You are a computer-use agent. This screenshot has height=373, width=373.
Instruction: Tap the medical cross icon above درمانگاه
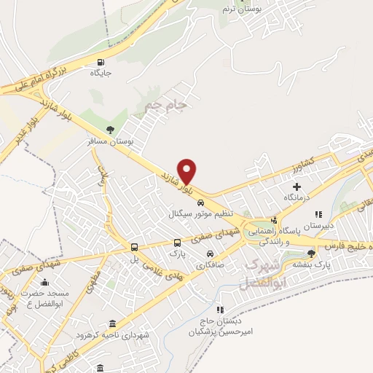pyautogui.click(x=297, y=187)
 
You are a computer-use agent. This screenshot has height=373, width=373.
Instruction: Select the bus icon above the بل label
pyautogui.click(x=133, y=247)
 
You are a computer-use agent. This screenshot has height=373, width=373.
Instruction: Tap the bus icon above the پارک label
pyautogui.click(x=177, y=243)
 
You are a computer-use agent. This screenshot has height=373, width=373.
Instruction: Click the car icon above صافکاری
pyautogui.click(x=211, y=254)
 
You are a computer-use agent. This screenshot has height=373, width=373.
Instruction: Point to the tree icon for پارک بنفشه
pyautogui.click(x=312, y=254)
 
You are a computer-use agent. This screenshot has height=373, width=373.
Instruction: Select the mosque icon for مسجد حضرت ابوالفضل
pyautogui.click(x=45, y=283)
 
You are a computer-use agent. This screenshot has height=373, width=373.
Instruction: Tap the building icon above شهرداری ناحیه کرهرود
pyautogui.click(x=111, y=323)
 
